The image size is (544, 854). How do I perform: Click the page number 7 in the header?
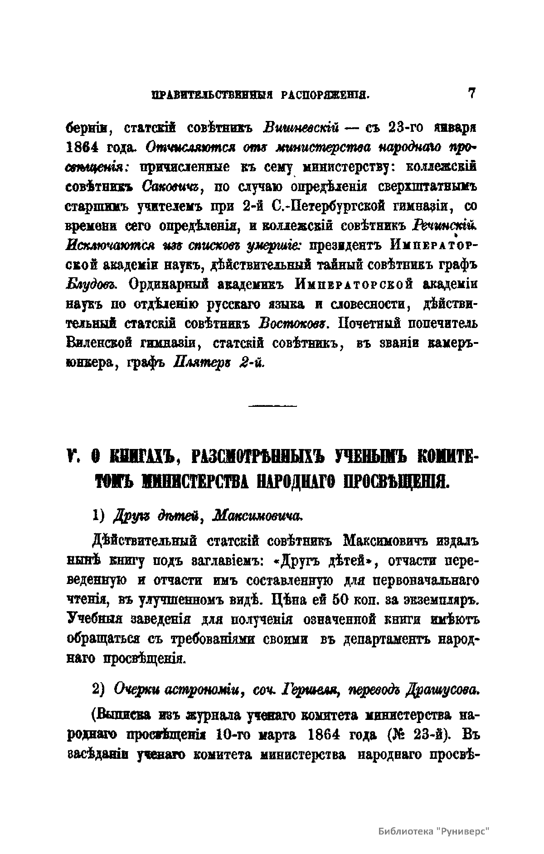tap(471, 93)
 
